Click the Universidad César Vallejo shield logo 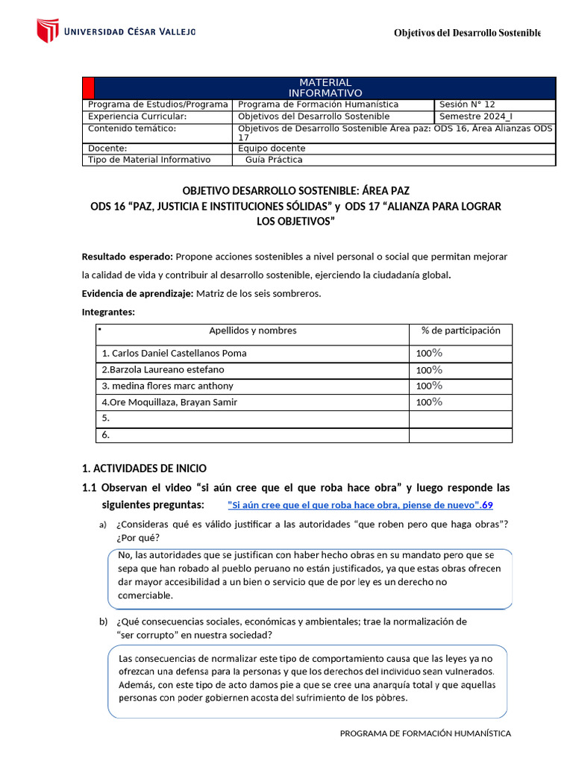coord(47,31)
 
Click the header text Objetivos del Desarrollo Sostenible coord(467,33)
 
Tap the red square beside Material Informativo coord(87,87)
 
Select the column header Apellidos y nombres coord(252,331)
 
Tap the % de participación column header coord(460,331)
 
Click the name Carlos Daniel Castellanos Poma coord(174,353)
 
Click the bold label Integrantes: coord(108,312)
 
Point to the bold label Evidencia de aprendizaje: coord(137,293)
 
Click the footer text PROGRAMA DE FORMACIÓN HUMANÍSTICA coord(425,733)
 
